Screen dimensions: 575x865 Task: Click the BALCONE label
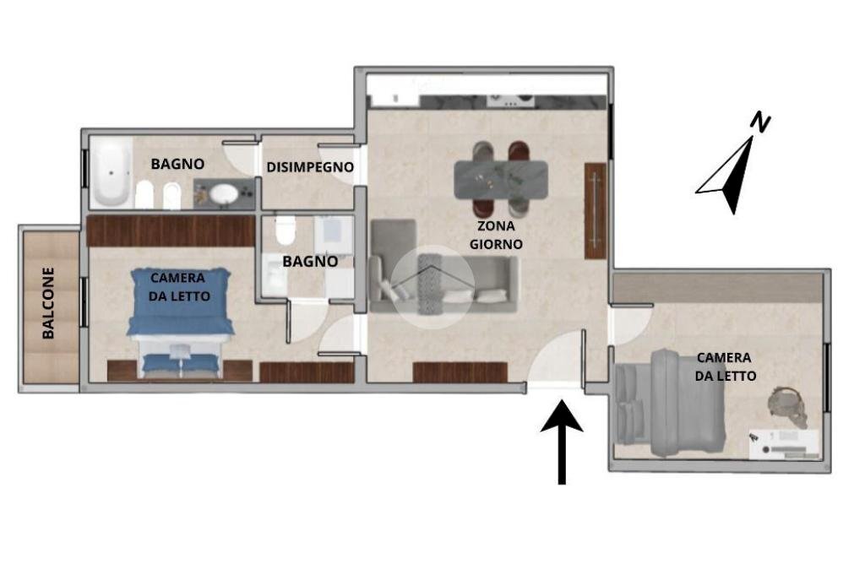pos(48,303)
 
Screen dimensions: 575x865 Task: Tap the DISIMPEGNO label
pos(309,167)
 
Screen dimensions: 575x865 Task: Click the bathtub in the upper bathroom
pos(111,173)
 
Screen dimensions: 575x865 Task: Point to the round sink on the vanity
pos(224,194)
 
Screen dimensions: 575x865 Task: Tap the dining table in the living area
pos(500,179)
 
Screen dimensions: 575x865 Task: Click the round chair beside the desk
pos(788,405)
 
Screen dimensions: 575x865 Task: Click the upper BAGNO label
pos(177,164)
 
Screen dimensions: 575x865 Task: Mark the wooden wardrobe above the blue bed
pos(171,231)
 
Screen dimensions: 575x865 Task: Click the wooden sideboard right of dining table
pos(596,210)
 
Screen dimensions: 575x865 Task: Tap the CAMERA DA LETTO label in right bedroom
pos(725,366)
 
